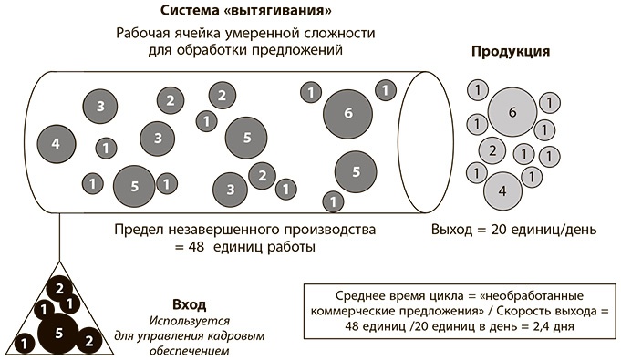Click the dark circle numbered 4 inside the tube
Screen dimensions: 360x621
[56, 143]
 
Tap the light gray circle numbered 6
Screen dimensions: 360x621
[512, 111]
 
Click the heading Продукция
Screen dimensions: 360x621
[510, 51]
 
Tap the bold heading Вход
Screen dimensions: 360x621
[189, 303]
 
